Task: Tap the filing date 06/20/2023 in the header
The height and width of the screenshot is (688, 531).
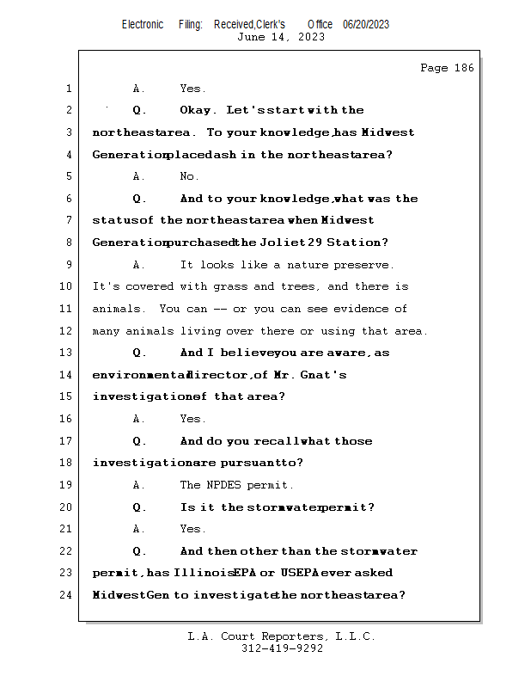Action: [x=366, y=24]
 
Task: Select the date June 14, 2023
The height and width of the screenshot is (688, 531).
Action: [x=281, y=36]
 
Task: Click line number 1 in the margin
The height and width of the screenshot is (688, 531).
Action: [x=68, y=89]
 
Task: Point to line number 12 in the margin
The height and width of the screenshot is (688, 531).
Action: [x=66, y=331]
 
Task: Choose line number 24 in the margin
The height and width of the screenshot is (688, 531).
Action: [x=66, y=595]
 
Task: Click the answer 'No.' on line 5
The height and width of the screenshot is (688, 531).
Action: [x=189, y=176]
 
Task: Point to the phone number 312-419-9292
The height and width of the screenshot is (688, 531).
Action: [x=281, y=648]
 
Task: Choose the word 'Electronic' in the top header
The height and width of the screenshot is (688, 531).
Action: [x=143, y=24]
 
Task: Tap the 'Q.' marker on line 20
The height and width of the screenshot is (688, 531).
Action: [x=140, y=507]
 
